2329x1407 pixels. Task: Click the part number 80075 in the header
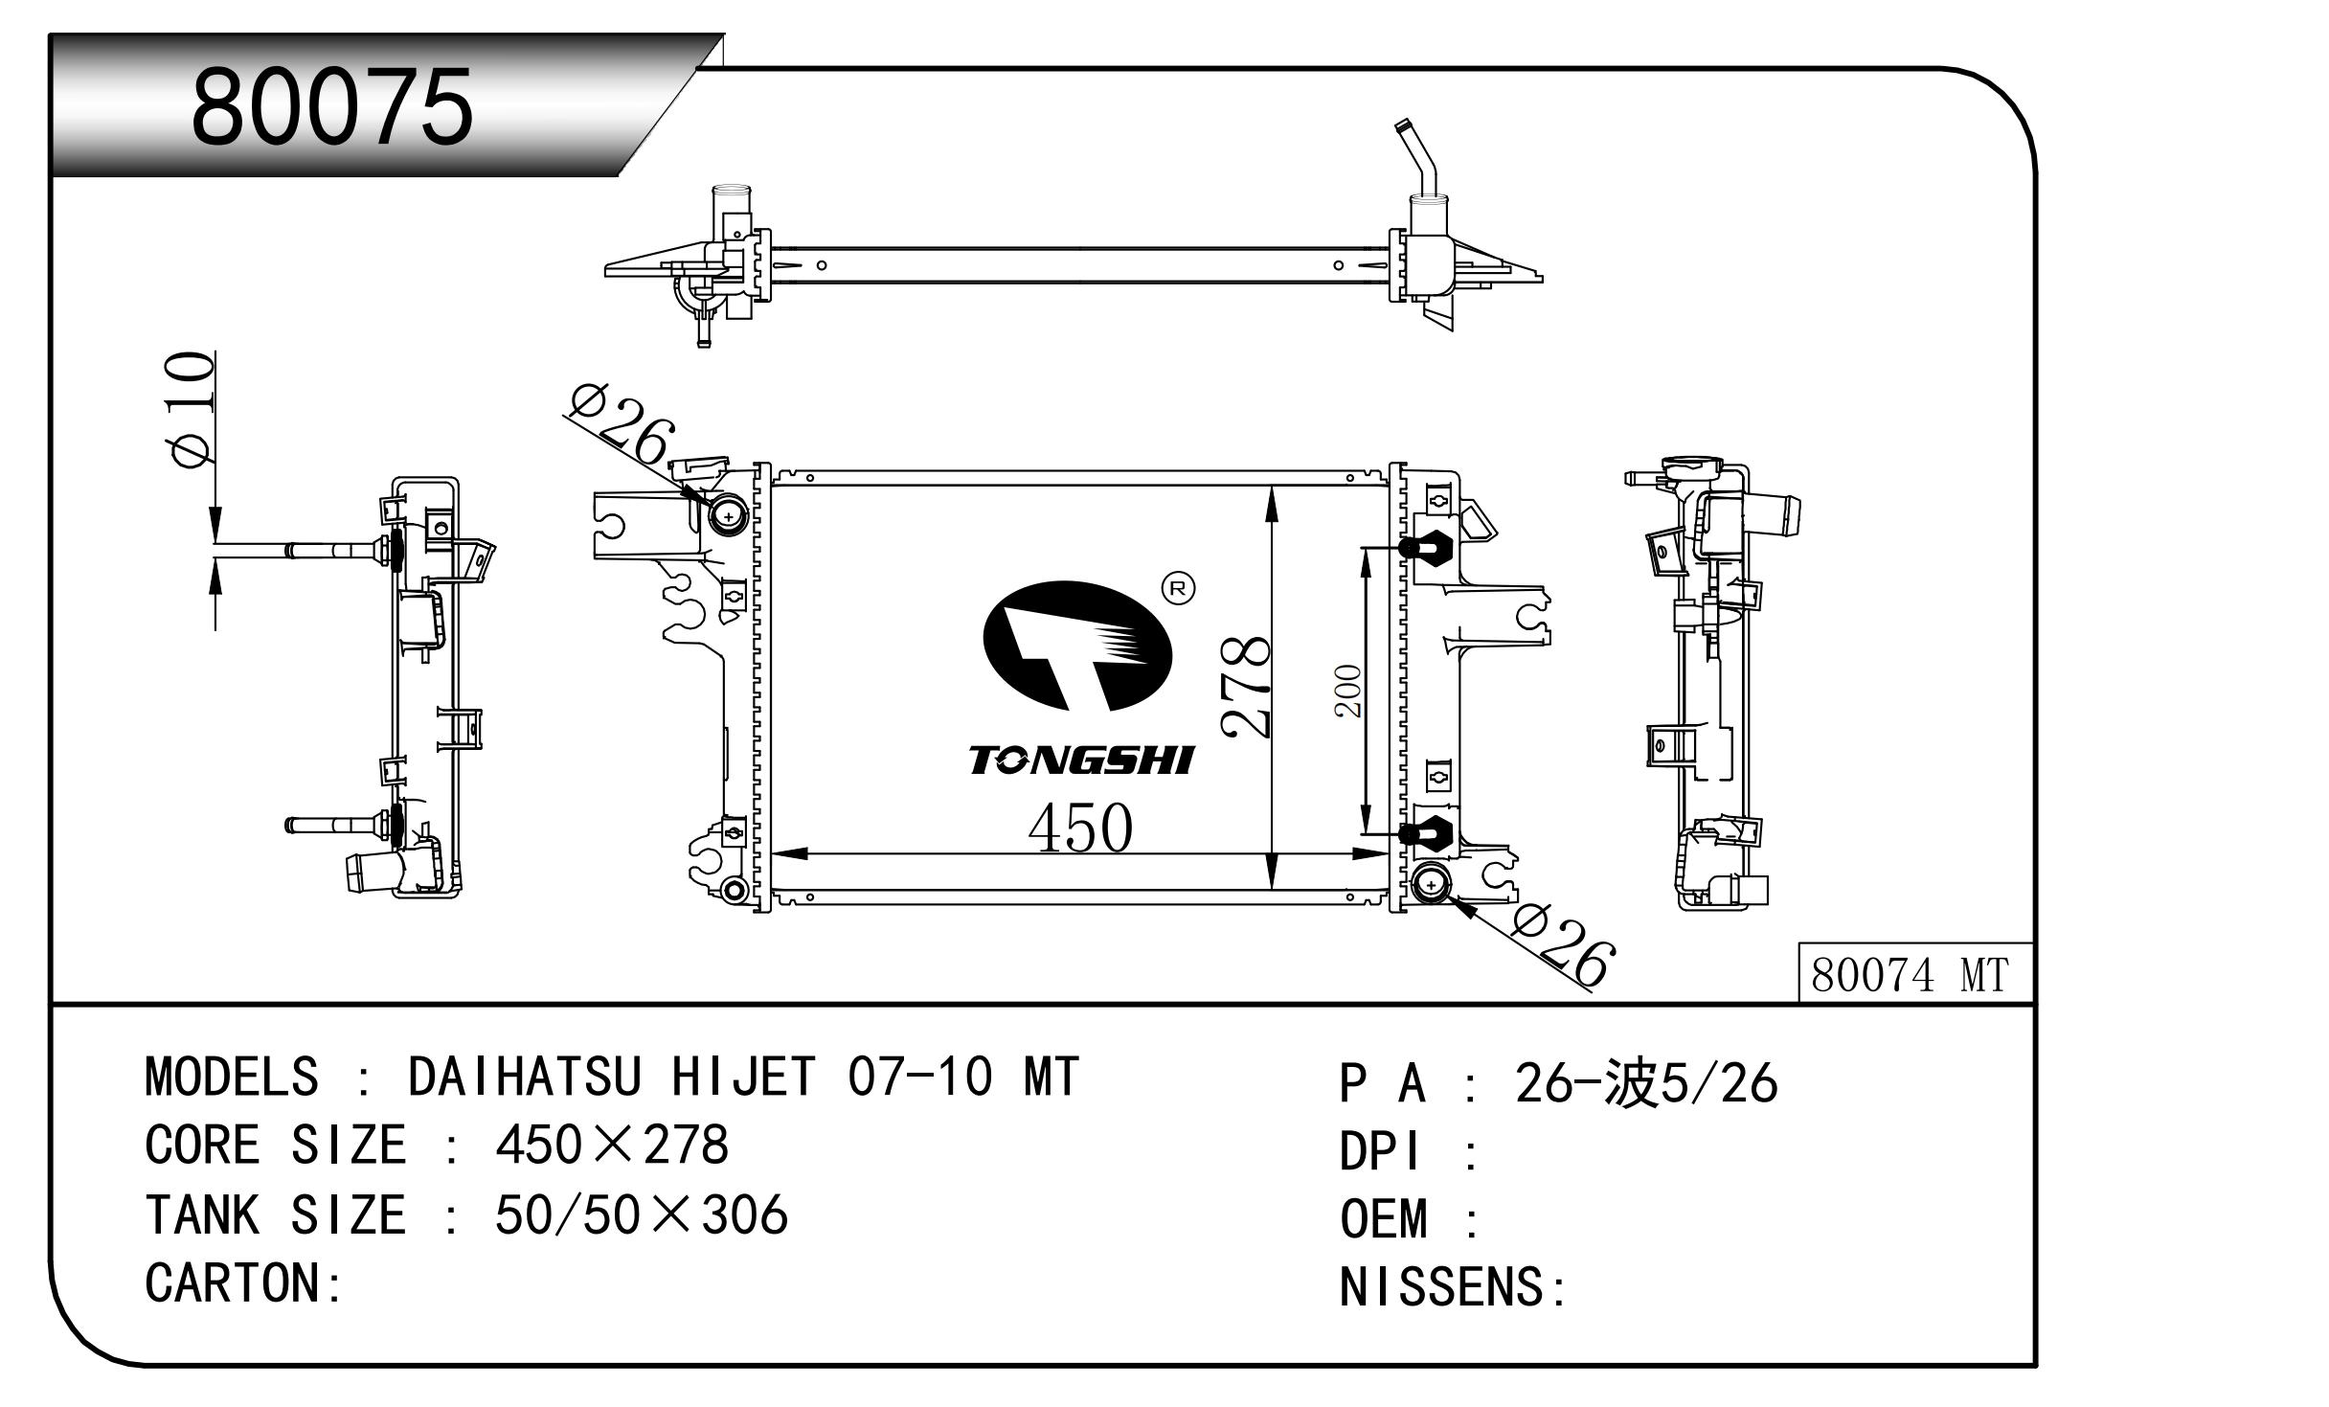click(x=332, y=107)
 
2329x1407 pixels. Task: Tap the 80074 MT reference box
click(x=1909, y=975)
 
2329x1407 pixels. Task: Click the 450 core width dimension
click(x=1079, y=828)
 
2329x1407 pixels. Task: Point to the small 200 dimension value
click(x=1348, y=691)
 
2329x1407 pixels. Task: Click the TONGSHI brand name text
click(x=1080, y=760)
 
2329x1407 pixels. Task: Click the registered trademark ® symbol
click(x=1178, y=588)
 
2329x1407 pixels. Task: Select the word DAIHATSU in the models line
click(x=524, y=1076)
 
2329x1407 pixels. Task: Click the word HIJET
click(x=743, y=1076)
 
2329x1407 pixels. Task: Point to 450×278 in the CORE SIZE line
click(x=612, y=1145)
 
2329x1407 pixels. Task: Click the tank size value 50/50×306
click(x=641, y=1214)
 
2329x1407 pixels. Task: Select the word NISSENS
click(x=1441, y=1286)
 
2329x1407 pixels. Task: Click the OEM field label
click(x=1383, y=1219)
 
